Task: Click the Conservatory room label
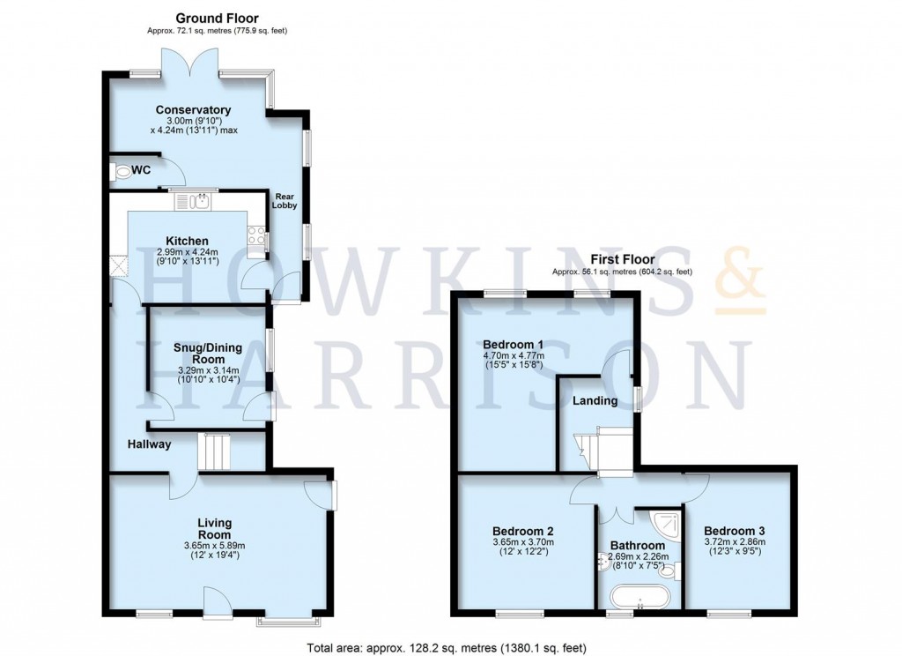(187, 110)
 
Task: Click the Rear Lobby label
(285, 201)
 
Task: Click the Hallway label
(147, 444)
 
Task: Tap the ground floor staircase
(217, 451)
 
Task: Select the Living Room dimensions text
(214, 550)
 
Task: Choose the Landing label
(595, 401)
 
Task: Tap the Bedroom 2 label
(522, 531)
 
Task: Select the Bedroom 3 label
(734, 531)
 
